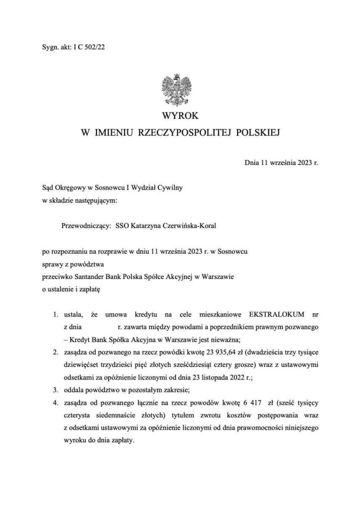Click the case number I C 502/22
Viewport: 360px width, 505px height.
(89, 48)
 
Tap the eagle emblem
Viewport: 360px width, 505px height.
(180, 90)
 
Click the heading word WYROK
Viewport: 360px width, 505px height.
(180, 115)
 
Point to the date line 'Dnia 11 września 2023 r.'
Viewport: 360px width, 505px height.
(281, 162)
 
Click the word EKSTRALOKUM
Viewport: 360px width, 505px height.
(274, 314)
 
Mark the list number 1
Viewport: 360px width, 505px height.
(55, 314)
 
